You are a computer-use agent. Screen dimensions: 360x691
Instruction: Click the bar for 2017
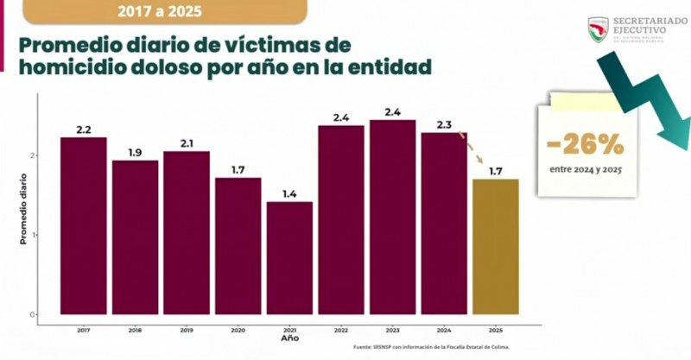[x=83, y=226]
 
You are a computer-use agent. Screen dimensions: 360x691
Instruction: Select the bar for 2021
[x=289, y=258]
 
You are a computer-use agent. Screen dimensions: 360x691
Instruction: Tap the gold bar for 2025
[x=496, y=247]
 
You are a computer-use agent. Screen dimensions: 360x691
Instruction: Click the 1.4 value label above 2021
[x=289, y=194]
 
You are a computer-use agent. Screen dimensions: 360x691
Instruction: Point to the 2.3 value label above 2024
[x=444, y=125]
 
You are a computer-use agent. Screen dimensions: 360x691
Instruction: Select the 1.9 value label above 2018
[x=135, y=153]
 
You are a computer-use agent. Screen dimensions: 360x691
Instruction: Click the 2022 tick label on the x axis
[x=341, y=329]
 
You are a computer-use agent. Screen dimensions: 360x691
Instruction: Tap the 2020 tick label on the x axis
[x=238, y=329]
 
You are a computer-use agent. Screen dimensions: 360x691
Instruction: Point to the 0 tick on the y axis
[x=33, y=314]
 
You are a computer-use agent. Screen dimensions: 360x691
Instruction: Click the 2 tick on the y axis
[x=33, y=155]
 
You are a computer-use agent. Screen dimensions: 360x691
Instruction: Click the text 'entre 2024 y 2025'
[x=586, y=168]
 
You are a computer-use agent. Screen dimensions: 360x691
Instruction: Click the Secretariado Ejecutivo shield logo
[x=599, y=29]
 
